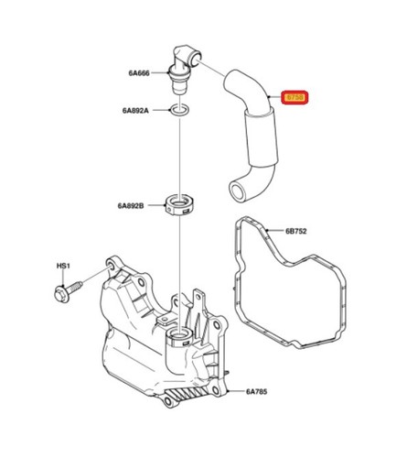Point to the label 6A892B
(131, 206)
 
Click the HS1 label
(63, 267)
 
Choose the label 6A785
(259, 392)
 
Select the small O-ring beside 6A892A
(179, 112)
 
